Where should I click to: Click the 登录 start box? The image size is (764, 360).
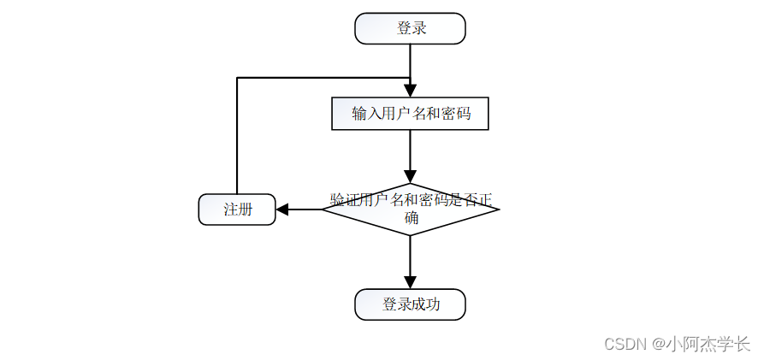pyautogui.click(x=410, y=28)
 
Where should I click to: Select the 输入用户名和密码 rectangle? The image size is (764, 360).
pyautogui.click(x=410, y=113)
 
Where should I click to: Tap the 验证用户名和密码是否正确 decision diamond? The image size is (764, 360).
pyautogui.click(x=410, y=209)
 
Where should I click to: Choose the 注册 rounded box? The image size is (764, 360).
pyautogui.click(x=237, y=210)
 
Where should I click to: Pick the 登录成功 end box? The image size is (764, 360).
pyautogui.click(x=410, y=304)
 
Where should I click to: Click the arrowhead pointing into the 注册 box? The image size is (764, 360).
pyautogui.click(x=282, y=210)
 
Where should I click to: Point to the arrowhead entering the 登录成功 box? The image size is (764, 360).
pyautogui.click(x=410, y=282)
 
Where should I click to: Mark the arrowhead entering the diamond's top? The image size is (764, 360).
pyautogui.click(x=410, y=177)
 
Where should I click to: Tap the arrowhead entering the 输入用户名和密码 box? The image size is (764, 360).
pyautogui.click(x=410, y=90)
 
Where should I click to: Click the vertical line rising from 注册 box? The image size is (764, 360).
pyautogui.click(x=237, y=137)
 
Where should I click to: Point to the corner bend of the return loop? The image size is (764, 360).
pyautogui.click(x=237, y=78)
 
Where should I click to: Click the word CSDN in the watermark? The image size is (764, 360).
pyautogui.click(x=624, y=344)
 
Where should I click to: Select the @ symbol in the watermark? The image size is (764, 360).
pyautogui.click(x=658, y=344)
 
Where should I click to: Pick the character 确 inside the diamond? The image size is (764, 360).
pyautogui.click(x=411, y=218)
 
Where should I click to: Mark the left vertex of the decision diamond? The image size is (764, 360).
pyautogui.click(x=323, y=209)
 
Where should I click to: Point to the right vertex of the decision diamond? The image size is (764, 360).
pyautogui.click(x=498, y=209)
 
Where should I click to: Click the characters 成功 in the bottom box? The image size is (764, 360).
pyautogui.click(x=425, y=304)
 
